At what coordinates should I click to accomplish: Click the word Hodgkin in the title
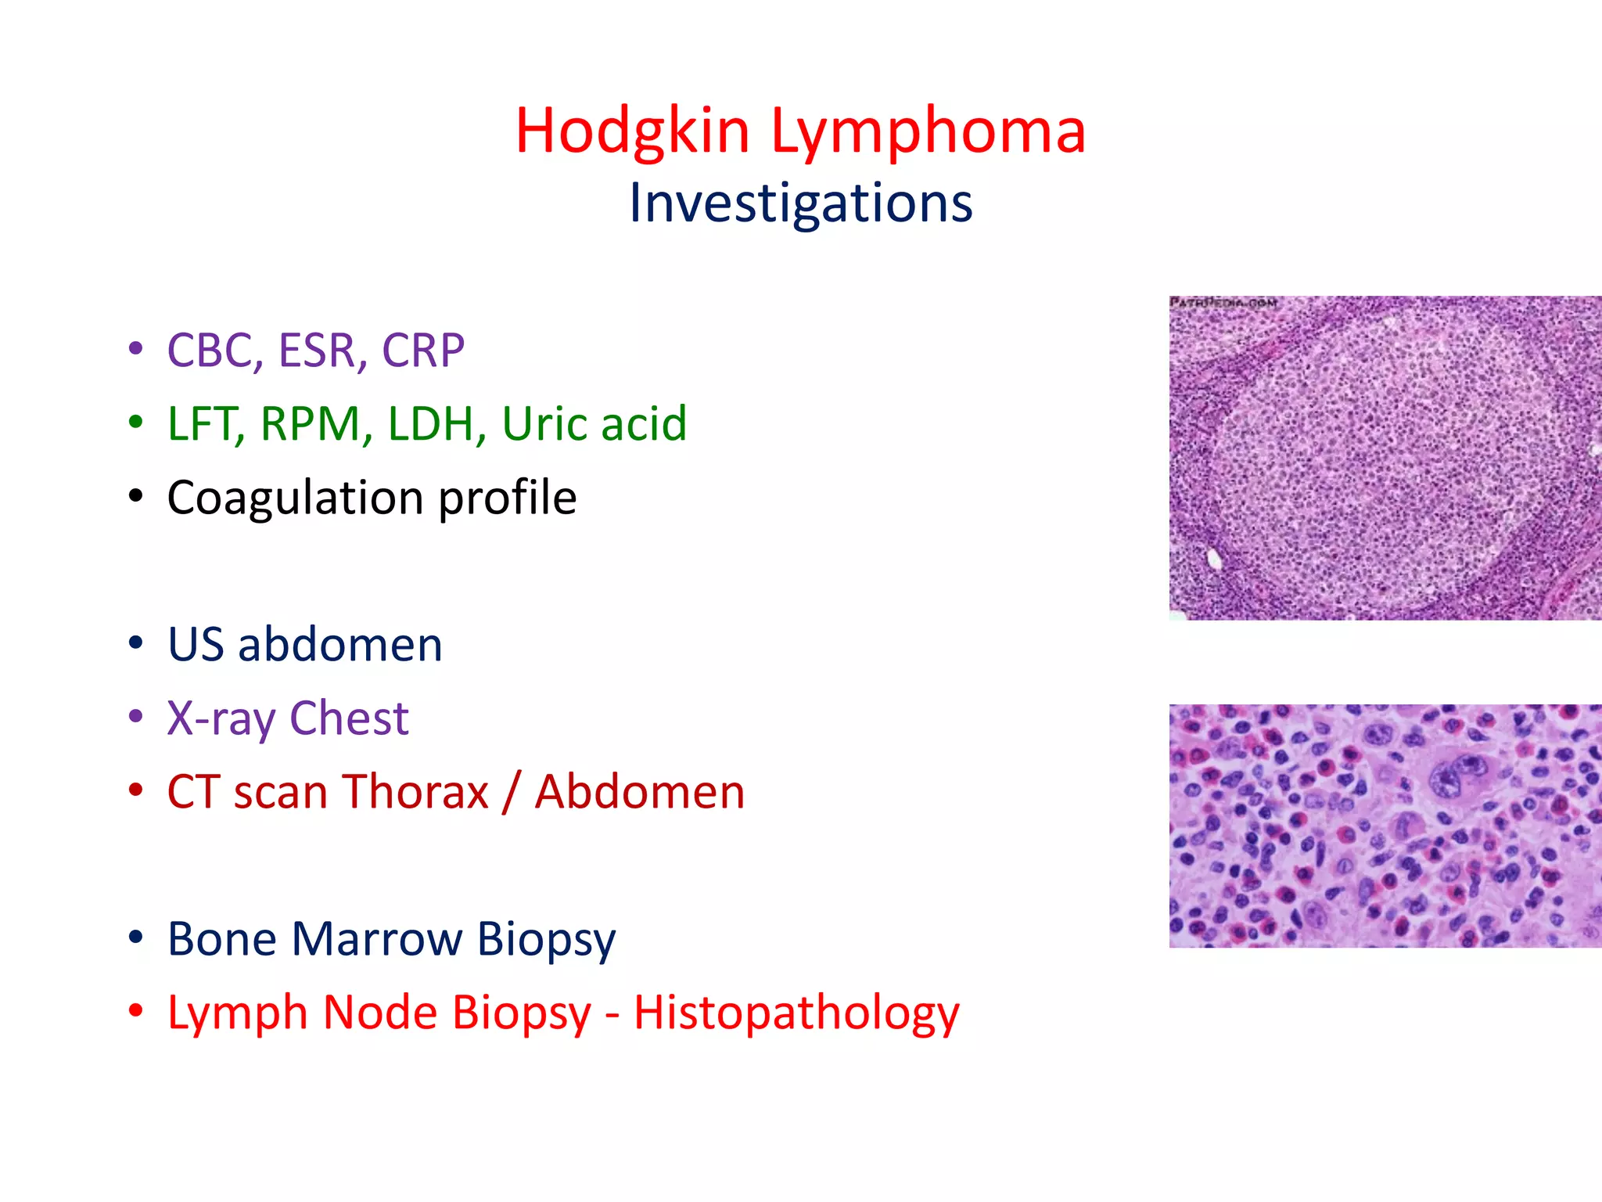coord(632,131)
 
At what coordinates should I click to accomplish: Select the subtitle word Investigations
coord(800,203)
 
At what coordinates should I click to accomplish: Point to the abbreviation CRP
coord(422,350)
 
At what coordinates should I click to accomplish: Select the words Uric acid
coord(594,423)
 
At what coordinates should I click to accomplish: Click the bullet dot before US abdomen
coord(136,643)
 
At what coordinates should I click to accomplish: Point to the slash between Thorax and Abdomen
coord(512,791)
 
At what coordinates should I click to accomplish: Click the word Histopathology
coord(796,1013)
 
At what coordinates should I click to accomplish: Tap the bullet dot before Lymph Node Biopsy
coord(136,1010)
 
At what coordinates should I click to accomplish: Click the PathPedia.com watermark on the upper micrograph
coord(1223,303)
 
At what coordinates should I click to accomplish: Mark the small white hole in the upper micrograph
coord(1214,558)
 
